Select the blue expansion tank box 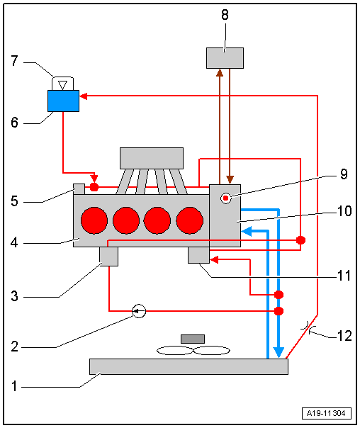tap(62, 101)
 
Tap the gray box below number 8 tap(225, 57)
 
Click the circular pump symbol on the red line tap(139, 310)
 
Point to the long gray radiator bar tap(189, 366)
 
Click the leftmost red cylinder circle tap(95, 220)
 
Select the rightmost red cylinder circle tap(190, 220)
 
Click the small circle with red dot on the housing tap(226, 198)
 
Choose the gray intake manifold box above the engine tap(152, 157)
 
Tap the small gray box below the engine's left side tap(108, 256)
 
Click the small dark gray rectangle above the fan tap(193, 338)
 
